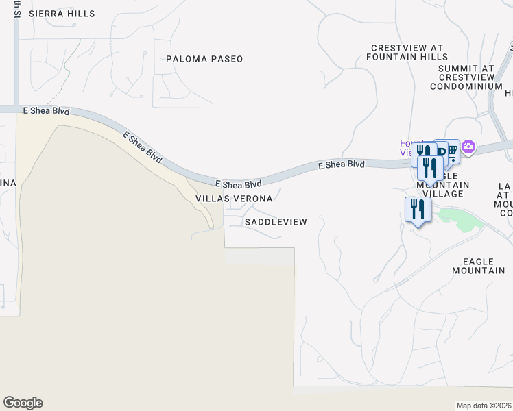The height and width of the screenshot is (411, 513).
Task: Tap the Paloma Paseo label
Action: [x=204, y=59]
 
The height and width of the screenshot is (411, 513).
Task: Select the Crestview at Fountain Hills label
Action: [x=406, y=52]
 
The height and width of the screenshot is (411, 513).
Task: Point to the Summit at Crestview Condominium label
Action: [x=466, y=77]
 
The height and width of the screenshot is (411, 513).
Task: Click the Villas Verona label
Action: [x=234, y=199]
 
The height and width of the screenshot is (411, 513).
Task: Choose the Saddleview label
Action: [x=276, y=222]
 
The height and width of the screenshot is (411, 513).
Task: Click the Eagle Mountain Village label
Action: [x=443, y=185]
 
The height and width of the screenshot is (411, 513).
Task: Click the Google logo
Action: [x=23, y=403]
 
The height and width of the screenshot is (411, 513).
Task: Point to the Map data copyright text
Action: [x=484, y=406]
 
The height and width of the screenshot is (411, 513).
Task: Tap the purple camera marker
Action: [x=468, y=147]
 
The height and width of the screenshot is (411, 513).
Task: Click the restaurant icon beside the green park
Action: [x=417, y=209]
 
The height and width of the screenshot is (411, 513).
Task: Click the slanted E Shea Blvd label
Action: [x=143, y=146]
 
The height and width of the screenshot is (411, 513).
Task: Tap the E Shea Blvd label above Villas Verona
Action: [x=239, y=184]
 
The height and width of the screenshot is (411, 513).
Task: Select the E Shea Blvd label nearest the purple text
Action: [x=341, y=165]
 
